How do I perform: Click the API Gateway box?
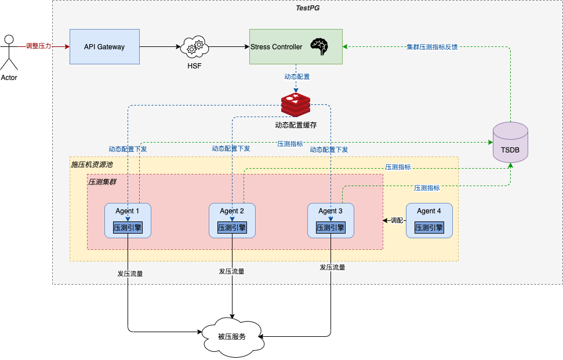click(x=104, y=46)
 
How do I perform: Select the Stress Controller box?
click(x=296, y=46)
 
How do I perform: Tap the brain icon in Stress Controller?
click(x=319, y=46)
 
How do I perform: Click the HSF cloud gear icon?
click(x=194, y=46)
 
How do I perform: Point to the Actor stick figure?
click(x=9, y=52)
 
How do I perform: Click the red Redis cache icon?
click(x=296, y=105)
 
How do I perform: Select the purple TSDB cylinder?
click(x=510, y=143)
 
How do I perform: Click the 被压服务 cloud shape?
click(x=233, y=337)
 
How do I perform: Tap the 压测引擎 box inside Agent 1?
click(x=128, y=228)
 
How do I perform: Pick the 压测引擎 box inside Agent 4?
click(x=429, y=228)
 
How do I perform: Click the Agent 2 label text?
click(x=232, y=211)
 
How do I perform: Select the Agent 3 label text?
click(x=330, y=211)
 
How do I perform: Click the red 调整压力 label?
click(x=39, y=46)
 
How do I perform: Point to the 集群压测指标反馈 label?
click(x=433, y=47)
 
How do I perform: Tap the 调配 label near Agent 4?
click(x=397, y=220)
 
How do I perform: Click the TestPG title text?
click(x=308, y=8)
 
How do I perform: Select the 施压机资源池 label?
click(x=92, y=165)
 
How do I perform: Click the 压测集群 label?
click(x=102, y=182)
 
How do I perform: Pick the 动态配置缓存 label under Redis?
click(x=296, y=125)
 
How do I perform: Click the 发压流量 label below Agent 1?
click(x=130, y=274)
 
